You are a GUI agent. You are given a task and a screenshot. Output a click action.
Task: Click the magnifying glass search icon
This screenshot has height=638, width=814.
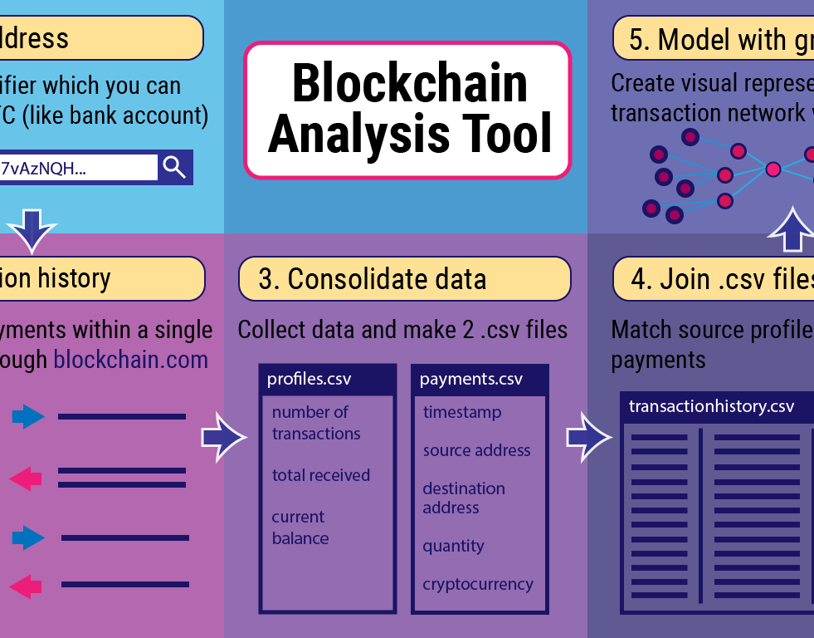[x=174, y=167]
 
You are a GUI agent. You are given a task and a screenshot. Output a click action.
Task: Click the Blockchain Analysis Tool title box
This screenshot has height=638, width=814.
[x=407, y=110]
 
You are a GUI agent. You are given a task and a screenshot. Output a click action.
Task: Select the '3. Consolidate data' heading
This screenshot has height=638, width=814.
[x=404, y=278]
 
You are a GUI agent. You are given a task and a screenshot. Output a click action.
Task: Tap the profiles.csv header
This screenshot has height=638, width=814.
[x=309, y=380]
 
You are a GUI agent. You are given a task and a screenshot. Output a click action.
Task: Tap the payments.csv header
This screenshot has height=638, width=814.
[x=470, y=380]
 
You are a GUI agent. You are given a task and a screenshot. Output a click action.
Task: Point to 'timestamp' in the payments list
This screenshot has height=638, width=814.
[x=461, y=412]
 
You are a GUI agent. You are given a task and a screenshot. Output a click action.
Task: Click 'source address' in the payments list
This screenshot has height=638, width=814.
[x=476, y=450]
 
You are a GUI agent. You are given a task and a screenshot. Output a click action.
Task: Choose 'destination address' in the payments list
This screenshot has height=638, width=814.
[x=463, y=498]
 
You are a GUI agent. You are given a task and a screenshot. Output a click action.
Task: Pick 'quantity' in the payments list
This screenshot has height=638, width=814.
[x=453, y=546]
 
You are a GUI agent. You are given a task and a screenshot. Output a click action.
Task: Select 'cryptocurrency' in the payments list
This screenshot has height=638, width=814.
[x=477, y=584]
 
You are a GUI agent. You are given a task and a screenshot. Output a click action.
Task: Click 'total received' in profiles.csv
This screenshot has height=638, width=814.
[x=320, y=475]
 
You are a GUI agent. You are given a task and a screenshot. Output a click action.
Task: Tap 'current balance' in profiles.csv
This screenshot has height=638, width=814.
[x=300, y=528]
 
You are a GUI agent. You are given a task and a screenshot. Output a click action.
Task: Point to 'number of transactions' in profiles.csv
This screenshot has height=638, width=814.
[x=315, y=423]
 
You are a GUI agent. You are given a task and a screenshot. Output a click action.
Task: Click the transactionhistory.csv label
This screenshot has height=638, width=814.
[x=711, y=406]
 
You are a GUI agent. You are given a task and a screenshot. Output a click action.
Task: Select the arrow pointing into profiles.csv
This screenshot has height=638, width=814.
[x=223, y=436]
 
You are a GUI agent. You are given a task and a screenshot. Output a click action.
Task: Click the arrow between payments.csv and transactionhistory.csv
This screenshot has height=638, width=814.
[x=587, y=436]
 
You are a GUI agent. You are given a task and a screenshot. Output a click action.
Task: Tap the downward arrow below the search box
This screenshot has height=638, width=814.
[x=32, y=229]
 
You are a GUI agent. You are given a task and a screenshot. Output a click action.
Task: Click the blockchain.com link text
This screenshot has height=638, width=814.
[x=131, y=360]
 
